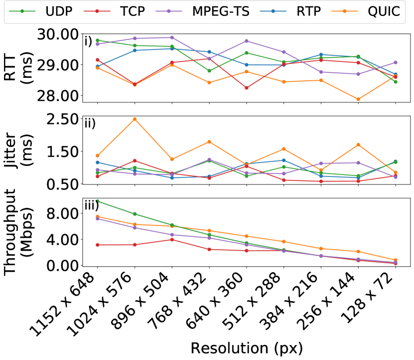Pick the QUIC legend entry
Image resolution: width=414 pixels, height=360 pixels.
[383, 11]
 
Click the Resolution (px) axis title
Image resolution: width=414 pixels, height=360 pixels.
[247, 347]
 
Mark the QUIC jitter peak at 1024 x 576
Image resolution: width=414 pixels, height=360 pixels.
[135, 119]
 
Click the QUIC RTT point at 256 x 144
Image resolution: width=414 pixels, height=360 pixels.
[358, 99]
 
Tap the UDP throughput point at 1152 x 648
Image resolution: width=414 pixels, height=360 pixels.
[98, 201]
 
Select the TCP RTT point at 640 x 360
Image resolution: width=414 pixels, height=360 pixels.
[246, 88]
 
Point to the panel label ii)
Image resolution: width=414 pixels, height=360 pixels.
[90, 123]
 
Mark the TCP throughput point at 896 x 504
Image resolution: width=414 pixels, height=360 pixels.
[172, 239]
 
